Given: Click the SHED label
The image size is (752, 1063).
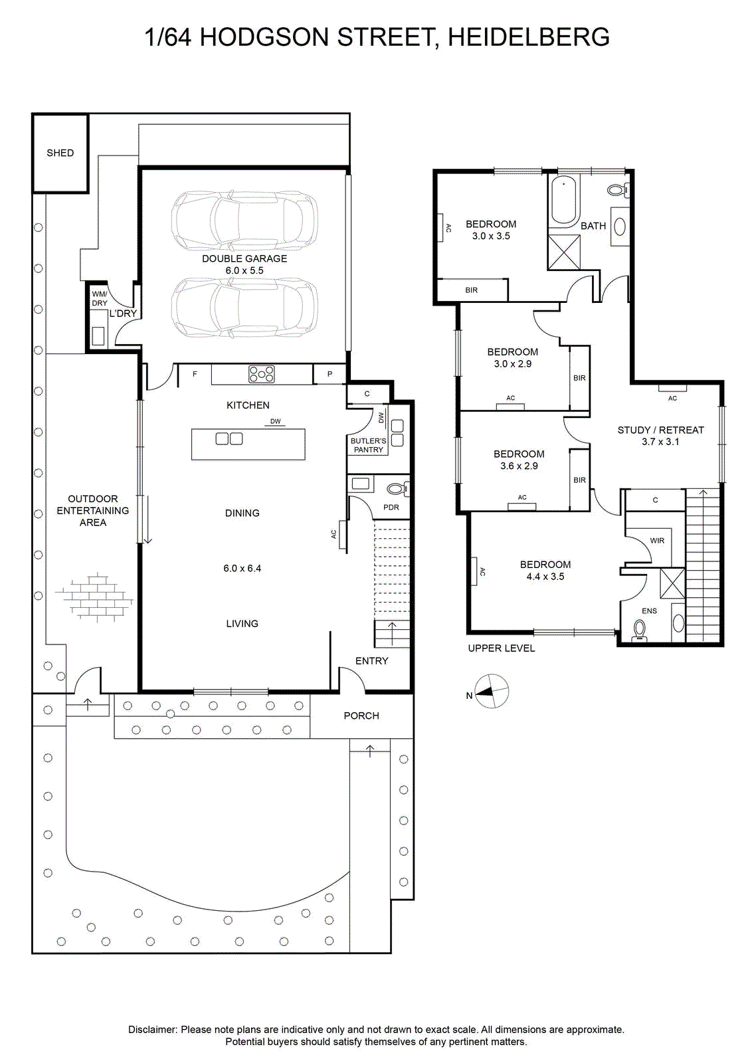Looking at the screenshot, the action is [60, 153].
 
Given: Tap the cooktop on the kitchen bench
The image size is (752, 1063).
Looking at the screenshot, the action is [262, 373].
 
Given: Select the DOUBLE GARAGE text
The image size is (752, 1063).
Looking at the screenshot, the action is [244, 258].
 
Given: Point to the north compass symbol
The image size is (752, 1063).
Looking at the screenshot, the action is [492, 691].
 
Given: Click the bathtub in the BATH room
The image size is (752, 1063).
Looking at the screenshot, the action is [563, 199].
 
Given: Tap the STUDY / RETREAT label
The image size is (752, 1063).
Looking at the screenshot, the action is [660, 430].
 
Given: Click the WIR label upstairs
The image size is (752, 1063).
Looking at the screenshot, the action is [657, 541].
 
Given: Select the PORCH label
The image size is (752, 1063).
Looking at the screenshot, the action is [361, 716].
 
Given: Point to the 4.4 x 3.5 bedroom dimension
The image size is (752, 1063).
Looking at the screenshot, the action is [545, 577].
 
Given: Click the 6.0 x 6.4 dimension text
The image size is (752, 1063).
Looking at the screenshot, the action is [242, 568].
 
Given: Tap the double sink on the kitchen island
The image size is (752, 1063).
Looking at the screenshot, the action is [229, 439].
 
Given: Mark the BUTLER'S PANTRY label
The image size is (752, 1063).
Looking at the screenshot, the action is [368, 445].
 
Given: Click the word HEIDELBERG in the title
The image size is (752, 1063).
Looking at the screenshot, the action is [529, 37].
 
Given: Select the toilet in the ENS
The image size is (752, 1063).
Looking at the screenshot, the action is [640, 630].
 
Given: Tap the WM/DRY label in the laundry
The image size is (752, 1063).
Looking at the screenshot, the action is [100, 298].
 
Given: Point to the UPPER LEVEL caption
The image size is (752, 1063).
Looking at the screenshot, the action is [502, 648].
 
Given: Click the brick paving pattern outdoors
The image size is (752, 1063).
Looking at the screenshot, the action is [94, 597].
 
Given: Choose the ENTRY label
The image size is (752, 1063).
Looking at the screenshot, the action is [372, 660].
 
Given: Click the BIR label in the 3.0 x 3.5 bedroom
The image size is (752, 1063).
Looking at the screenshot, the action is [471, 290].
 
